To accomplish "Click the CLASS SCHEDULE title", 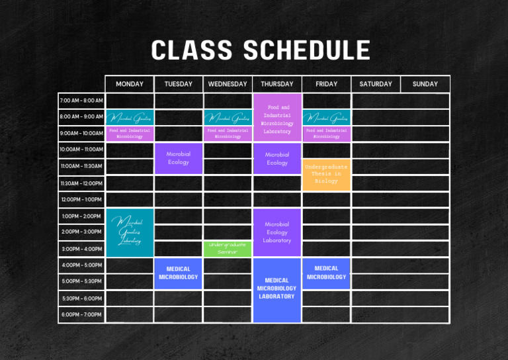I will (260, 51).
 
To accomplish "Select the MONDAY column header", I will (130, 84).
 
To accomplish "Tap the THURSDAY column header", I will (277, 84).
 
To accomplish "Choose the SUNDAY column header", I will (425, 84).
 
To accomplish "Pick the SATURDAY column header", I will (376, 84).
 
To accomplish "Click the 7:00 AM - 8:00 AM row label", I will (81, 101).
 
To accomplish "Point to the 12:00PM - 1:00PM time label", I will (81, 199).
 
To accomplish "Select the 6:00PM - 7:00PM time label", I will (81, 314).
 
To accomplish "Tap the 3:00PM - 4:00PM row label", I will (81, 249).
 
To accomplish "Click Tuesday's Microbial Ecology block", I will (179, 158).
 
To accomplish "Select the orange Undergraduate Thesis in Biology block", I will (326, 174).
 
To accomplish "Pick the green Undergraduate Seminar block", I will (228, 248).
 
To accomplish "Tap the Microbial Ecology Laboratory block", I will (277, 232).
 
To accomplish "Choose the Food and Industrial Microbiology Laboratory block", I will (277, 118).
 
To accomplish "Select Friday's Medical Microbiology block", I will (326, 273).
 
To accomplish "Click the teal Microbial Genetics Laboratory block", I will (130, 232).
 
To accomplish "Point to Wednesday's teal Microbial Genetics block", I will (228, 118).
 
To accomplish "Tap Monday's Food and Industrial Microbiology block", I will (130, 134).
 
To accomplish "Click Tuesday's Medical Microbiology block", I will (179, 273).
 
